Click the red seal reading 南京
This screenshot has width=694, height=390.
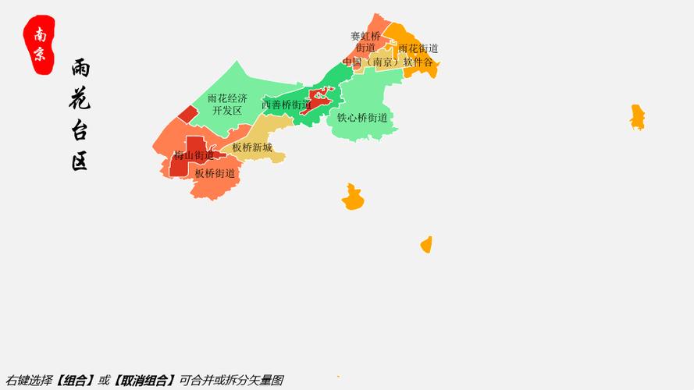[x=40, y=44]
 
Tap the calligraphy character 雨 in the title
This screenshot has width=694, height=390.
[x=80, y=69]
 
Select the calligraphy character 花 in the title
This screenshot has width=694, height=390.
[x=80, y=97]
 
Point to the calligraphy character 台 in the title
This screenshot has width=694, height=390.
[x=80, y=129]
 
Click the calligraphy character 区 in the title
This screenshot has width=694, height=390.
[x=80, y=161]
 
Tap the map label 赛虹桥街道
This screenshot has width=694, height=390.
[x=365, y=41]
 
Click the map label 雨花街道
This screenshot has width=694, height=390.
[x=418, y=48]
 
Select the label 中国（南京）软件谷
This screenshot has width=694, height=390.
[x=388, y=62]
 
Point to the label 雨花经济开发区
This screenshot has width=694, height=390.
[x=227, y=105]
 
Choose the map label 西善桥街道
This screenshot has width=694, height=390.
[x=286, y=105]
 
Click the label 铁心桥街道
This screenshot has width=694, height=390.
[x=362, y=118]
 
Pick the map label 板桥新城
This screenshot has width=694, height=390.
[x=252, y=147]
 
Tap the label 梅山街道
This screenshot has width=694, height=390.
[x=194, y=155]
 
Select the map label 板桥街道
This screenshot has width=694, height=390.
[x=215, y=173]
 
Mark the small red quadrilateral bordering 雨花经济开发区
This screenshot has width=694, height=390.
[x=187, y=114]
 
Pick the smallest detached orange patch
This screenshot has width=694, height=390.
[x=426, y=245]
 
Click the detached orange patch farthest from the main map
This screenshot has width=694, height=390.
[x=638, y=117]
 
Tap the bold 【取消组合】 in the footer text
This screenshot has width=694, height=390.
[x=144, y=381]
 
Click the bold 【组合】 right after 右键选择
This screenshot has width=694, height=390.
[x=76, y=381]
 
